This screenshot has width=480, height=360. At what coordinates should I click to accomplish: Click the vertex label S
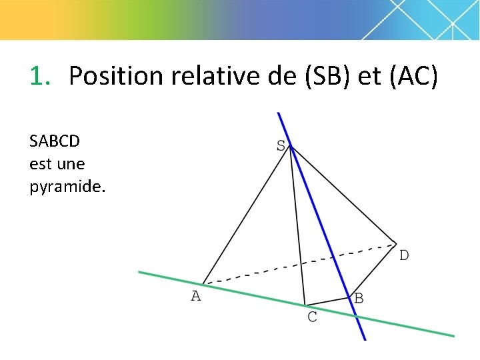click(281, 145)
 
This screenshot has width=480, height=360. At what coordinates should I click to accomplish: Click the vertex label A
click(195, 296)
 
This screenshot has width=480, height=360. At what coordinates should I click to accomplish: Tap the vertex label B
click(359, 299)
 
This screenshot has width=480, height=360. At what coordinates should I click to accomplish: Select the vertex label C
click(312, 317)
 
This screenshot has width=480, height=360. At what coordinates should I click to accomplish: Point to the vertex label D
click(404, 255)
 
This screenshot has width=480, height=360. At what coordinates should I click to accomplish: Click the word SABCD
click(55, 141)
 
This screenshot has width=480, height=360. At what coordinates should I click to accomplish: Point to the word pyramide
click(67, 187)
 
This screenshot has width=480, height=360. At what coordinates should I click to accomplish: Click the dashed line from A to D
click(300, 263)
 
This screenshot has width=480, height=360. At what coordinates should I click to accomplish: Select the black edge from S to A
click(245, 215)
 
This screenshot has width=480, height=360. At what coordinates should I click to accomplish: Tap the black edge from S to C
click(297, 227)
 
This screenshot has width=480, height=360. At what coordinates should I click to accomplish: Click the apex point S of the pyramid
click(290, 147)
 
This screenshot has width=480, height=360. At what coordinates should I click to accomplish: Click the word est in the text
click(41, 164)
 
